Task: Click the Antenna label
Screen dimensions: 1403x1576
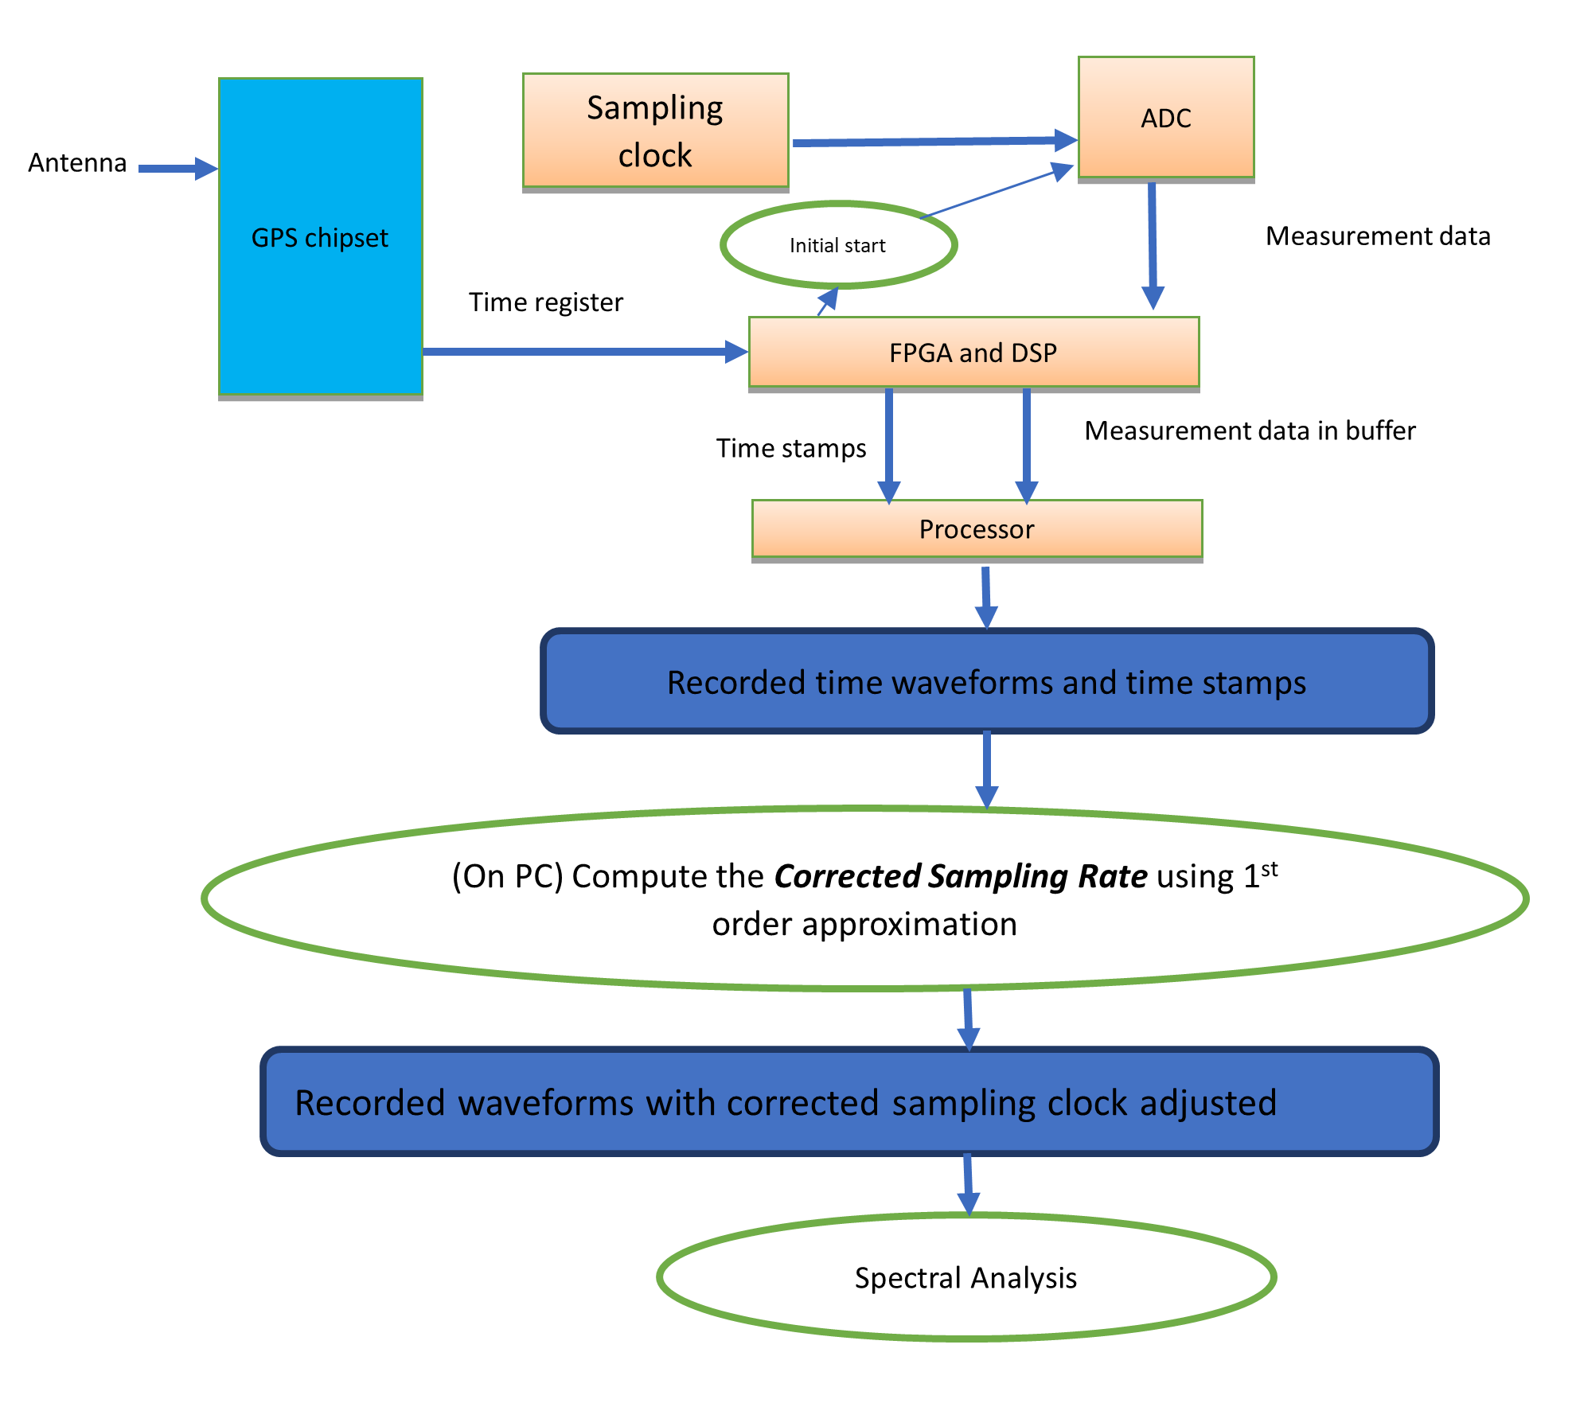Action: (77, 163)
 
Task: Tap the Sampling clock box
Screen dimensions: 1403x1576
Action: (655, 131)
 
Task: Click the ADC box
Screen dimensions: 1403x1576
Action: (1166, 118)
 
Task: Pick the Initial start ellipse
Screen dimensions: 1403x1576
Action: (837, 245)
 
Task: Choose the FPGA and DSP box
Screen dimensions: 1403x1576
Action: (973, 353)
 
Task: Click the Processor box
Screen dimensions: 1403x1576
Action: (977, 529)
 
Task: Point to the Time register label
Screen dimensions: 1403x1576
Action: (545, 302)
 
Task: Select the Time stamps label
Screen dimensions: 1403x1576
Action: (790, 448)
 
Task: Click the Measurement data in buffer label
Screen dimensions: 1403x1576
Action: (1250, 431)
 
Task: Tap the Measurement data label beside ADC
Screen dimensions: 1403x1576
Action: (1378, 236)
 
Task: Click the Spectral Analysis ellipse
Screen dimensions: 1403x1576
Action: (965, 1277)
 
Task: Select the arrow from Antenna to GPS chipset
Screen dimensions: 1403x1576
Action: (177, 168)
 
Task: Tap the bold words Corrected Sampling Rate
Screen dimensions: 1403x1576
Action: (961, 876)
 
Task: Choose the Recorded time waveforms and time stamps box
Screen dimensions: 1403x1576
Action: (986, 682)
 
